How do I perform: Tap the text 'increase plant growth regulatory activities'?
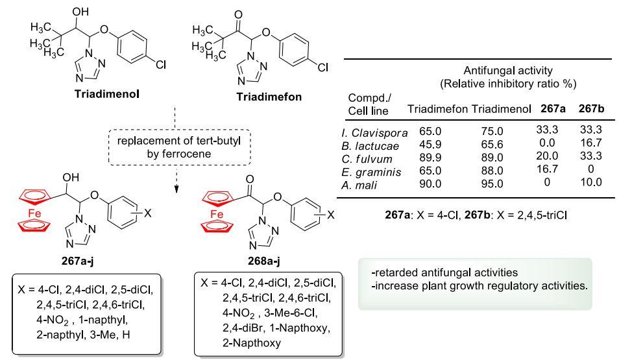click(x=481, y=286)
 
